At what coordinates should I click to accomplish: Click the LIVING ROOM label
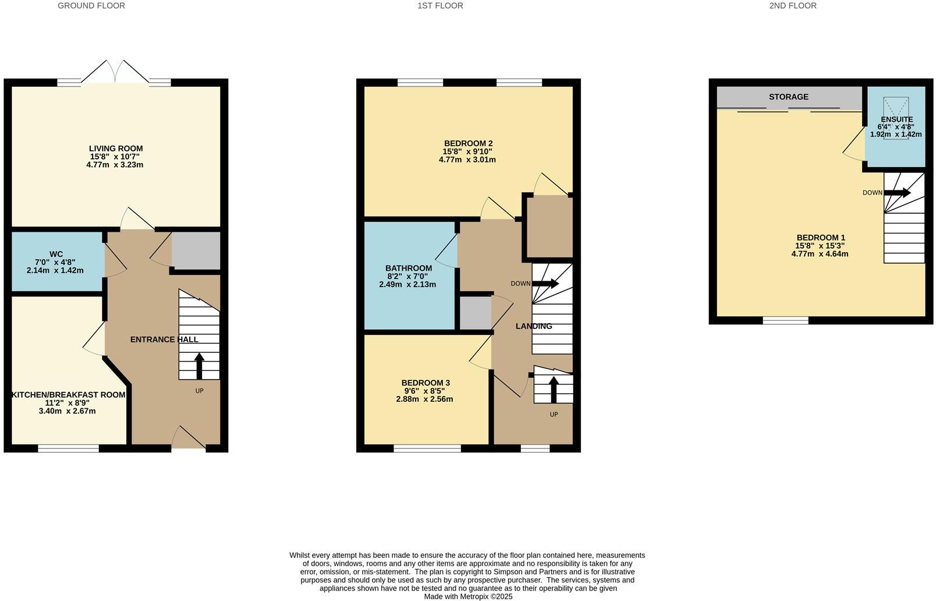pos(116,149)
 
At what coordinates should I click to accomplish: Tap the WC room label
pos(56,254)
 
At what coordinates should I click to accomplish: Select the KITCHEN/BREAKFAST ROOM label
pos(69,395)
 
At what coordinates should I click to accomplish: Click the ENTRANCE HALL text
pos(164,340)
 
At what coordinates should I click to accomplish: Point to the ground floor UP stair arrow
pos(199,366)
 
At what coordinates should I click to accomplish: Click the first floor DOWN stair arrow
pos(545,284)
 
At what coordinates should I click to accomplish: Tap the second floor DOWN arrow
pos(897,193)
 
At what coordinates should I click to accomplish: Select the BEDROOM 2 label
pos(468,143)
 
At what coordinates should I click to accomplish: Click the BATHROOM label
pos(409,268)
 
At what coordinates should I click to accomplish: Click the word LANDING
pos(534,326)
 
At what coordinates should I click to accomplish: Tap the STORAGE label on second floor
pos(788,97)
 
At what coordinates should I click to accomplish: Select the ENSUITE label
pos(896,119)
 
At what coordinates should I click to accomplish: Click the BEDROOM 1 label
pos(820,238)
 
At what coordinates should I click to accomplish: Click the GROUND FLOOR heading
pos(91,6)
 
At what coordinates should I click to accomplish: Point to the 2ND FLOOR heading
pos(792,6)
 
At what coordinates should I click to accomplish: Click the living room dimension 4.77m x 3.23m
pos(115,165)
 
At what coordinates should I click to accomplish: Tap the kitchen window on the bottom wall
pos(69,448)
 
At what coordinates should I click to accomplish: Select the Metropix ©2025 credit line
pos(468,596)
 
